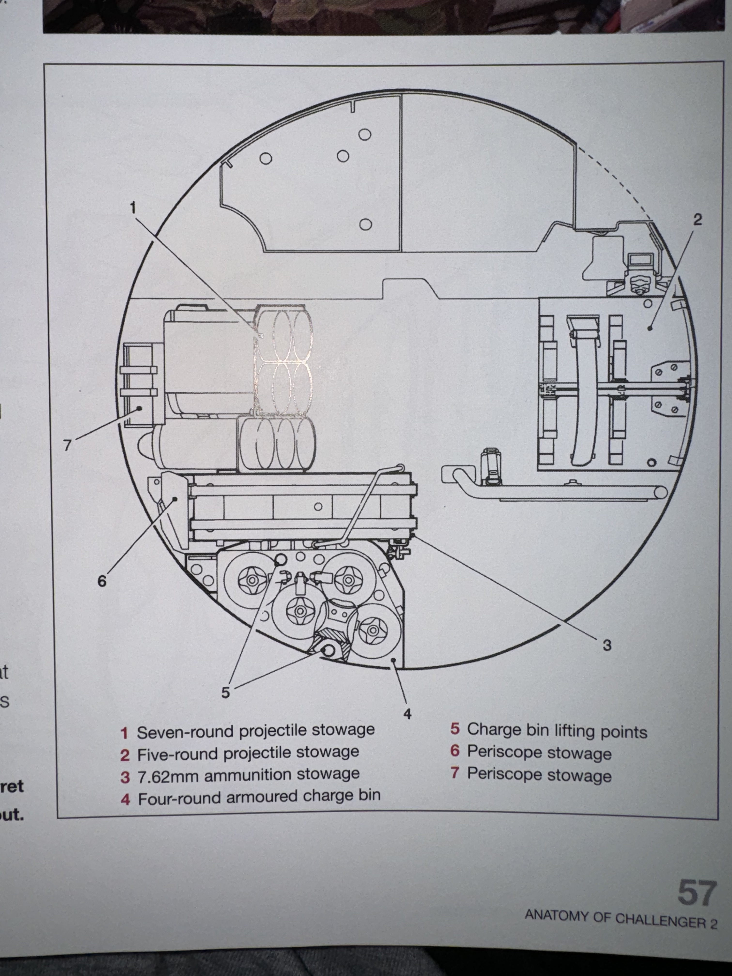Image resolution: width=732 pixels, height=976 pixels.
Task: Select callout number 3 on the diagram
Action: tap(607, 645)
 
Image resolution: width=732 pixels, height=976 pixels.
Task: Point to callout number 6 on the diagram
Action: tap(102, 581)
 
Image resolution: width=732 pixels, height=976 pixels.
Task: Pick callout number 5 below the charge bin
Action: tap(225, 692)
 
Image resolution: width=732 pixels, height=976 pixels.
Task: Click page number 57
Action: tap(696, 892)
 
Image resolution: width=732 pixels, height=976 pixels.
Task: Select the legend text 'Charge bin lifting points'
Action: tap(557, 731)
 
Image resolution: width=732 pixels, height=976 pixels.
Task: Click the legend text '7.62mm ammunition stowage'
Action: tap(248, 776)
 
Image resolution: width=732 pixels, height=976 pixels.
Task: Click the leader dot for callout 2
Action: tap(650, 328)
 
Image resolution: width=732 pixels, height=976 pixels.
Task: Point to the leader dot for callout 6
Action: tap(175, 499)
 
